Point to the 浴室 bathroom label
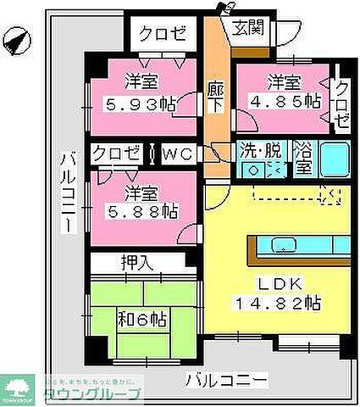303,158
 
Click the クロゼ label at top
161,36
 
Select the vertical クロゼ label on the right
341,103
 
